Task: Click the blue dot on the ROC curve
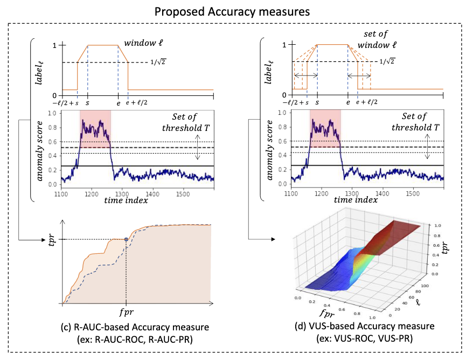pyautogui.click(x=126, y=239)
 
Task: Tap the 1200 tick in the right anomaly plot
pyautogui.click(x=322, y=193)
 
